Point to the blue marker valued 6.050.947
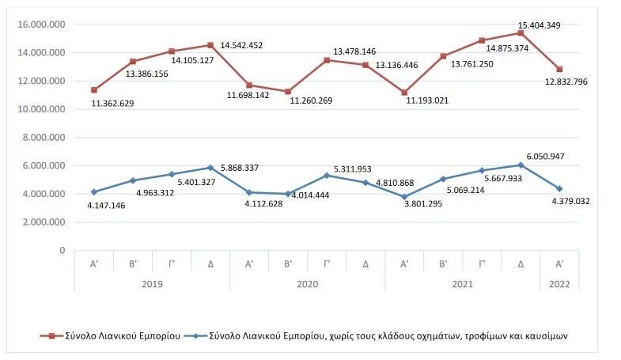point(521,165)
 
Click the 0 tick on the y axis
point(62,250)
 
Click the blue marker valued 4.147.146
point(95,191)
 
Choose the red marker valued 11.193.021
point(405,93)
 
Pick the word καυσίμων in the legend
point(544,335)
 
